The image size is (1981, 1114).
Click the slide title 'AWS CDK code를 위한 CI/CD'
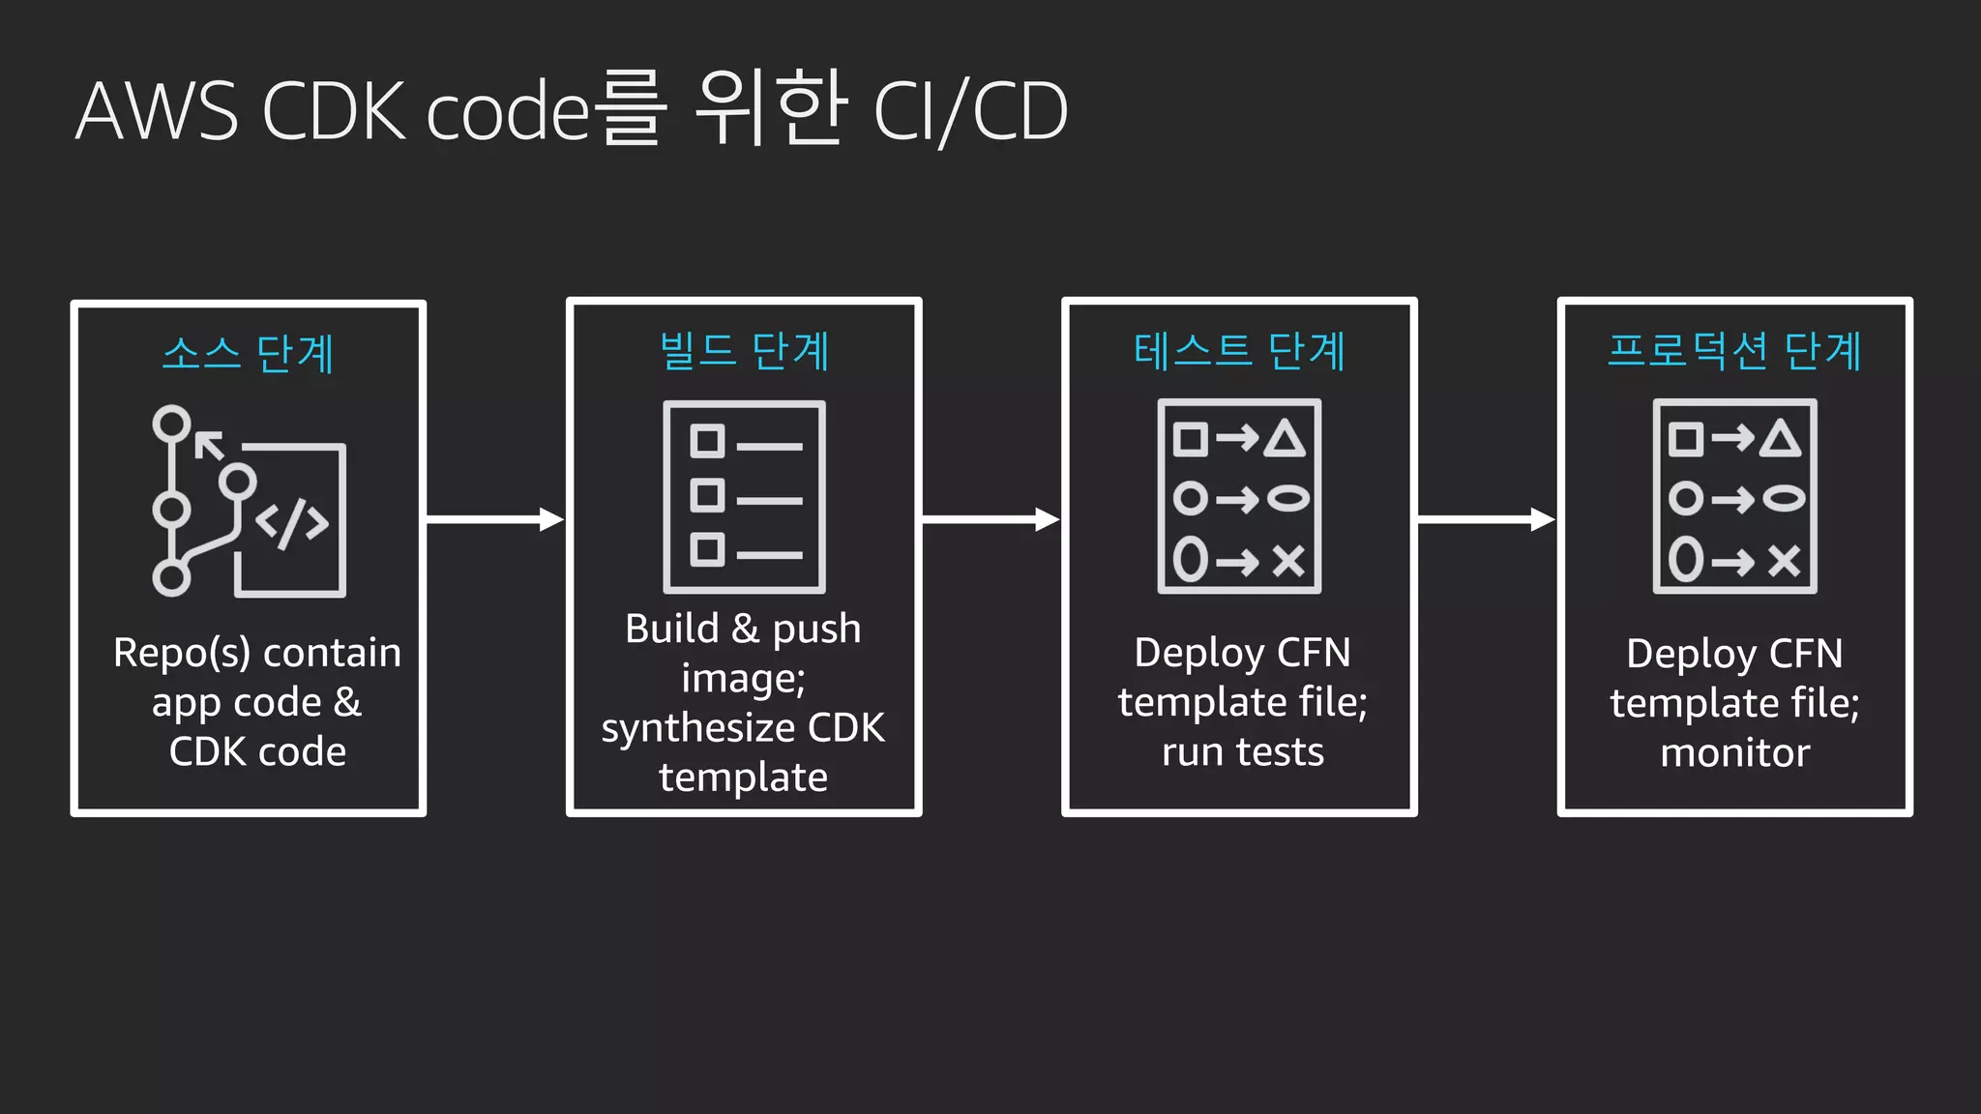pyautogui.click(x=571, y=110)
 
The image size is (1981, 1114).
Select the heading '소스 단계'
pyautogui.click(x=248, y=354)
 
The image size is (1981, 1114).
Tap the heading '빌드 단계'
pyautogui.click(x=744, y=351)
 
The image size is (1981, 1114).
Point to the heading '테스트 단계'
pyautogui.click(x=1239, y=351)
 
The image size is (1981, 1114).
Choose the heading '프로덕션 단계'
pyautogui.click(x=1734, y=351)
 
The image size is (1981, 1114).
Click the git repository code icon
pyautogui.click(x=250, y=501)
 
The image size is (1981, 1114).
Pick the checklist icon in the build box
pyautogui.click(x=744, y=496)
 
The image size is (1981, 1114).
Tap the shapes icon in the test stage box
pyautogui.click(x=1239, y=496)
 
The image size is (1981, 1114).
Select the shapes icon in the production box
pyautogui.click(x=1734, y=496)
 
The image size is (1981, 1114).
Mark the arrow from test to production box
pyautogui.click(x=1486, y=520)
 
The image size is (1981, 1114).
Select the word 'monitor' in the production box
pyautogui.click(x=1734, y=753)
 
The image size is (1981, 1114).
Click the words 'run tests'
pyautogui.click(x=1242, y=752)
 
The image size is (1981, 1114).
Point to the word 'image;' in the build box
pyautogui.click(x=743, y=679)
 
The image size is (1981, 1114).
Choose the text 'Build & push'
pyautogui.click(x=743, y=630)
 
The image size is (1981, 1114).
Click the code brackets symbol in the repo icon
pyautogui.click(x=292, y=523)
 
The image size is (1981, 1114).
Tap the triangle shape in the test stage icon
pyautogui.click(x=1286, y=439)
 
